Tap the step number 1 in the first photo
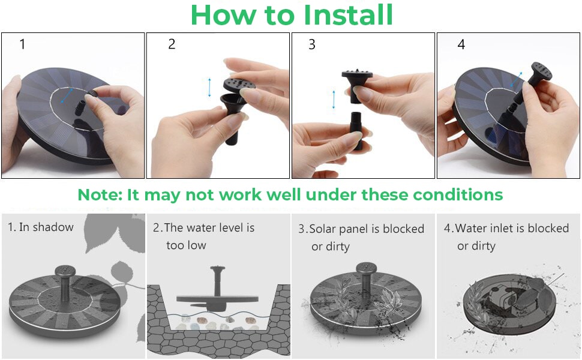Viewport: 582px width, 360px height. point(23,44)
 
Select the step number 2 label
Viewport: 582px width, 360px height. point(172,44)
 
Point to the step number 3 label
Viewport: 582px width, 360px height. point(311,45)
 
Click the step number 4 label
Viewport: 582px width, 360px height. point(461,45)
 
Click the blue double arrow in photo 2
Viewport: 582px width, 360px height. point(209,88)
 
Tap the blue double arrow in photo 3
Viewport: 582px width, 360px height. point(334,100)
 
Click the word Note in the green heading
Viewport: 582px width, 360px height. point(99,195)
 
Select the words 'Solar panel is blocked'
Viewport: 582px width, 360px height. point(367,229)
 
